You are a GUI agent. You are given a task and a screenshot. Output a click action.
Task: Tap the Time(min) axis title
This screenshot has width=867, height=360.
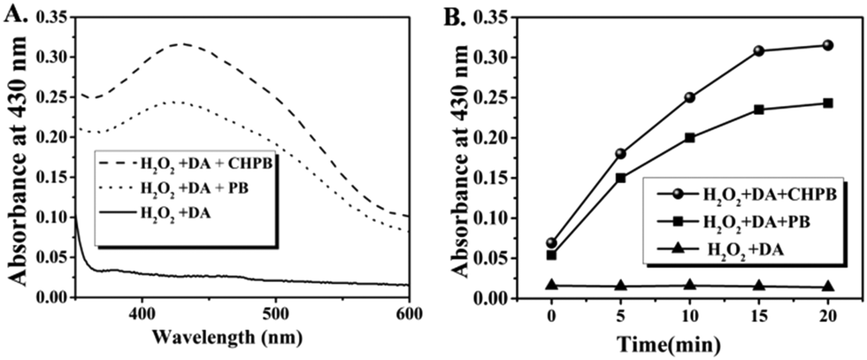pyautogui.click(x=689, y=341)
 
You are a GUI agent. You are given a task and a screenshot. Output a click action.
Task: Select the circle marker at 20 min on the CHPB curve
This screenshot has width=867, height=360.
pyautogui.click(x=828, y=45)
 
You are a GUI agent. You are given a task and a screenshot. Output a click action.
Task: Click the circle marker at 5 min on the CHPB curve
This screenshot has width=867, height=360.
pyautogui.click(x=620, y=153)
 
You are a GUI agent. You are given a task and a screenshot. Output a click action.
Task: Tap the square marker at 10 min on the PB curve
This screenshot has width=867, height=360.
pyautogui.click(x=689, y=137)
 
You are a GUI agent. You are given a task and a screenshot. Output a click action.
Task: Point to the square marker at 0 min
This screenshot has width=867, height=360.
pyautogui.click(x=551, y=255)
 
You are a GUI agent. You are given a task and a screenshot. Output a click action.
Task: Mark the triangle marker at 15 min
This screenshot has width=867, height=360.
pyautogui.click(x=759, y=286)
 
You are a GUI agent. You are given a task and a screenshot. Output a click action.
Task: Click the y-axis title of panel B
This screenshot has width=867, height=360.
pyautogui.click(x=478, y=155)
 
